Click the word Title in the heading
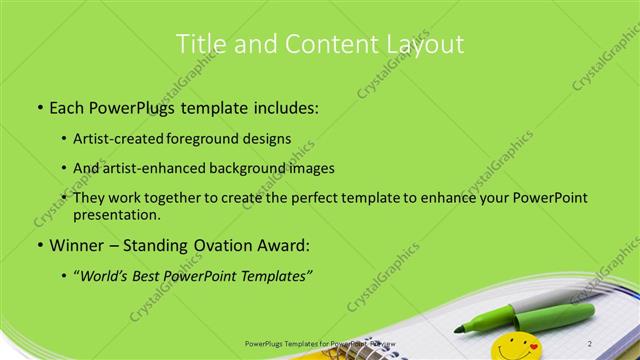pos(199,44)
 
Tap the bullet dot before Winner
pos(38,245)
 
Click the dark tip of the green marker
pos(460,327)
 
